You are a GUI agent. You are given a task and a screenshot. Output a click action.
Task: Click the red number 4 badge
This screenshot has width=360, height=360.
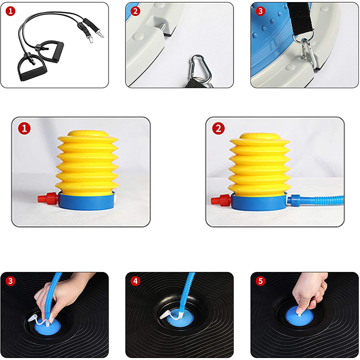(x=135, y=281)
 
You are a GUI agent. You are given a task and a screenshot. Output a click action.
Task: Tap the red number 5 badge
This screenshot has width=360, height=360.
(x=260, y=281)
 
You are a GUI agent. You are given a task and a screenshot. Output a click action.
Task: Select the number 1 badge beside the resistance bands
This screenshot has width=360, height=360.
(x=10, y=11)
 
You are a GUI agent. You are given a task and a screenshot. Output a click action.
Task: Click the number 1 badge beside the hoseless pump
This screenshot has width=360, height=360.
(x=24, y=129)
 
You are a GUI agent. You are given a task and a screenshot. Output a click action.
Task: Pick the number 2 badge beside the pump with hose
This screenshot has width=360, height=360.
(x=219, y=129)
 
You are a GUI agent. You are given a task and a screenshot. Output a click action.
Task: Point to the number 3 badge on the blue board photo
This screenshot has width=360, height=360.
(x=260, y=11)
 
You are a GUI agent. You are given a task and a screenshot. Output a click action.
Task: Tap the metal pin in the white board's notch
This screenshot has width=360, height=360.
(x=163, y=27)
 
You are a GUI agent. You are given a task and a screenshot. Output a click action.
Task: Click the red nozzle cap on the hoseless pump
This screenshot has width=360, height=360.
(x=48, y=197)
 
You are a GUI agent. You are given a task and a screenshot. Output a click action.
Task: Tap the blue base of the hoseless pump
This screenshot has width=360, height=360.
(x=86, y=201)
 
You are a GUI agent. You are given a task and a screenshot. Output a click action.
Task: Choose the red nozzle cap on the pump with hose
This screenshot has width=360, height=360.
(x=221, y=200)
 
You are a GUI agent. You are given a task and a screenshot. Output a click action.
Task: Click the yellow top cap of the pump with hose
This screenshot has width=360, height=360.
(x=260, y=136)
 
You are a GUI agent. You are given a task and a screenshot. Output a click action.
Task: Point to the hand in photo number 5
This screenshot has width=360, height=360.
(x=310, y=291)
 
